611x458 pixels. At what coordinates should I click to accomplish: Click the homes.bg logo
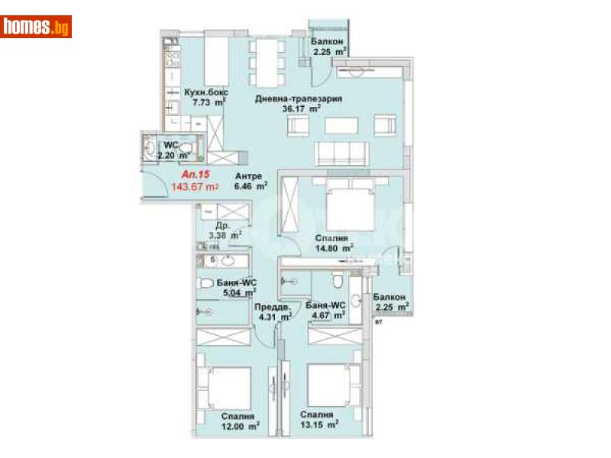36,27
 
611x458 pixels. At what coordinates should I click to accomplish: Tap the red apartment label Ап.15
185,174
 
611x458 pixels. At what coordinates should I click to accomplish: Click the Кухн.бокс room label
205,92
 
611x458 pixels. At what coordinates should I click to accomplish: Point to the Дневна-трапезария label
298,98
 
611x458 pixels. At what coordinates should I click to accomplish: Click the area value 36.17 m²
298,109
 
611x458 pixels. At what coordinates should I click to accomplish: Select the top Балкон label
328,41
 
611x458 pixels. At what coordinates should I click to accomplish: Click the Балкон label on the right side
390,296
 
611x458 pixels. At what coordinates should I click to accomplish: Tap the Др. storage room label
222,226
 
